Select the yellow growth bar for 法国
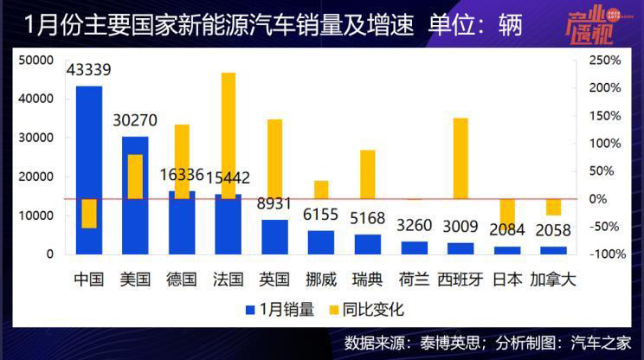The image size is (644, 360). [x=229, y=130]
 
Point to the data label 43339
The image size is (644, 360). [x=89, y=70]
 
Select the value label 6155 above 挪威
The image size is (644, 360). [x=321, y=215]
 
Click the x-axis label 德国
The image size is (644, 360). [x=182, y=280]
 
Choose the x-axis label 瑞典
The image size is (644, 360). [x=367, y=280]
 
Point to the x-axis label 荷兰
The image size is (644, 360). [x=414, y=280]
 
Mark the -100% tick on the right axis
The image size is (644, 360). [x=606, y=254]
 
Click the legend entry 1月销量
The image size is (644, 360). [x=280, y=309]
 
